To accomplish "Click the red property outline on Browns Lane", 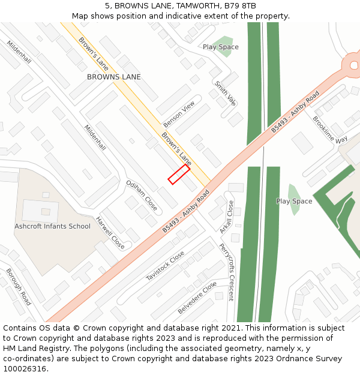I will pyautogui.click(x=179, y=175).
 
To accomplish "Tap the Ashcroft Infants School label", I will pyautogui.click(x=52, y=226).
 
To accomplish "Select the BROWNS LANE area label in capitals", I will pyautogui.click(x=114, y=77).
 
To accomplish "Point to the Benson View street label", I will pyautogui.click(x=179, y=113).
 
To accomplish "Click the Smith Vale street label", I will pyautogui.click(x=225, y=93).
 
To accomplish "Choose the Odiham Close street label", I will pyautogui.click(x=142, y=196).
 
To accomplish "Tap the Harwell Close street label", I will pyautogui.click(x=110, y=233).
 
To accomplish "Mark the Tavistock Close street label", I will pyautogui.click(x=165, y=266).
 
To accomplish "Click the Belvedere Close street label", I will pyautogui.click(x=197, y=298).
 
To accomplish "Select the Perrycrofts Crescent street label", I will pyautogui.click(x=225, y=271).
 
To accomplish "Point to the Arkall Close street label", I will pyautogui.click(x=227, y=217).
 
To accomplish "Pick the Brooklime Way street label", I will pyautogui.click(x=329, y=129).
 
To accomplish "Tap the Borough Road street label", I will pyautogui.click(x=19, y=286).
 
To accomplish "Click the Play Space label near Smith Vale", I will pyautogui.click(x=220, y=47).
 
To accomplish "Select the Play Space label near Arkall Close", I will pyautogui.click(x=294, y=201).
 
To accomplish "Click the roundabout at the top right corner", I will pyautogui.click(x=352, y=64).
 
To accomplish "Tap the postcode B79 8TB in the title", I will pyautogui.click(x=241, y=5).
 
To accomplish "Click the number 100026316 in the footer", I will pyautogui.click(x=25, y=369).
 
